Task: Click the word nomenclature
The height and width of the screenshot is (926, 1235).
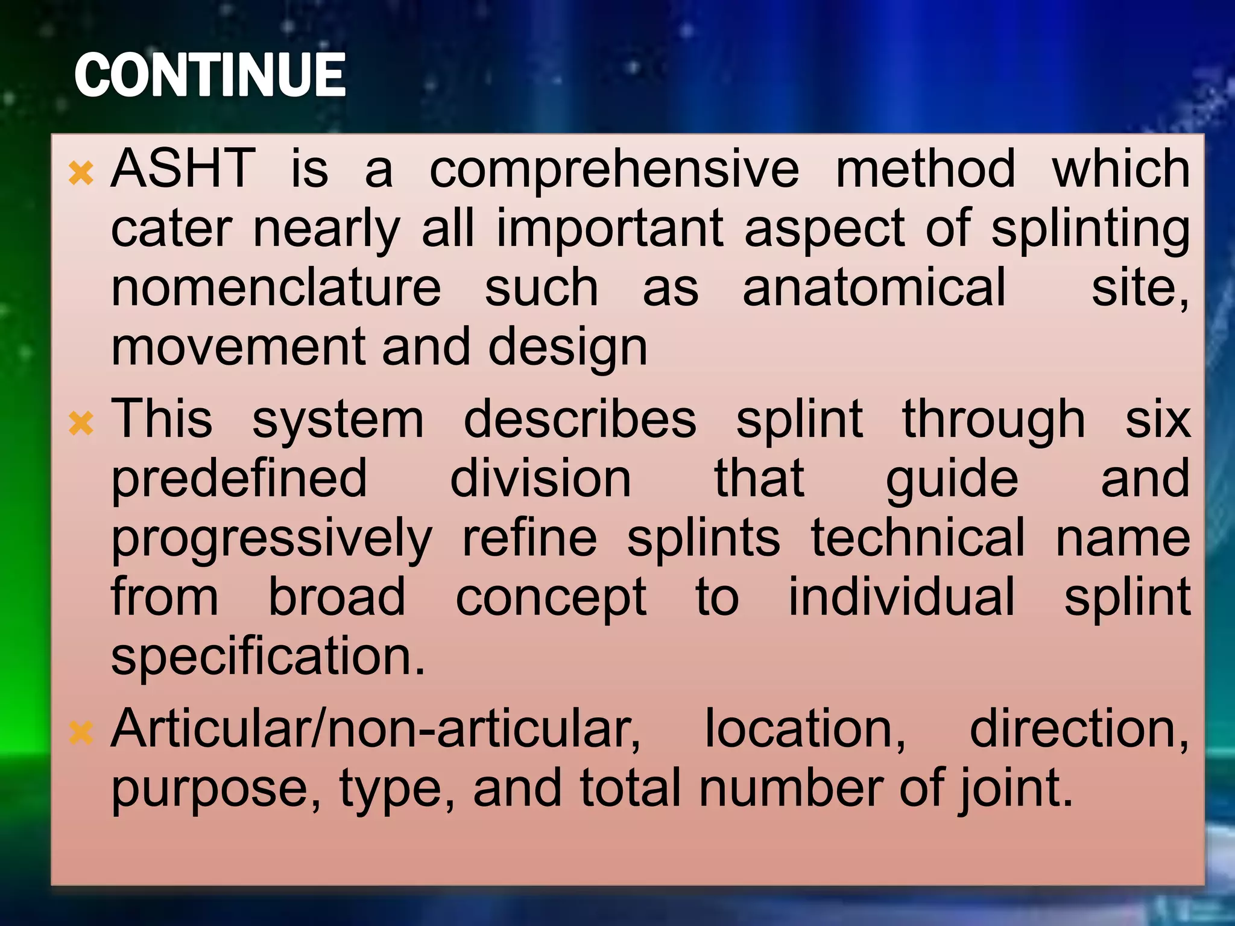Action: [276, 288]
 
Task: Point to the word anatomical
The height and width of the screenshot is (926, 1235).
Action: [874, 288]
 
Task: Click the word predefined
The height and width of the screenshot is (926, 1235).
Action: [239, 480]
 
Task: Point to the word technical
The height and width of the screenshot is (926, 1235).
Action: [917, 538]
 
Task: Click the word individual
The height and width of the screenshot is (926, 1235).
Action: [902, 597]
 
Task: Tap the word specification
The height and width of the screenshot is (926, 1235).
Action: [268, 657]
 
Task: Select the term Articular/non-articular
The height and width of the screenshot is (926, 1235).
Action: [376, 729]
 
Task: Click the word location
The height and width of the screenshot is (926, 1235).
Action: [805, 729]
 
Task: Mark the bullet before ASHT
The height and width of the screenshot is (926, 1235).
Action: [81, 174]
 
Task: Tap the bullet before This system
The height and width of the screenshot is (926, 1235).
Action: [81, 423]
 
